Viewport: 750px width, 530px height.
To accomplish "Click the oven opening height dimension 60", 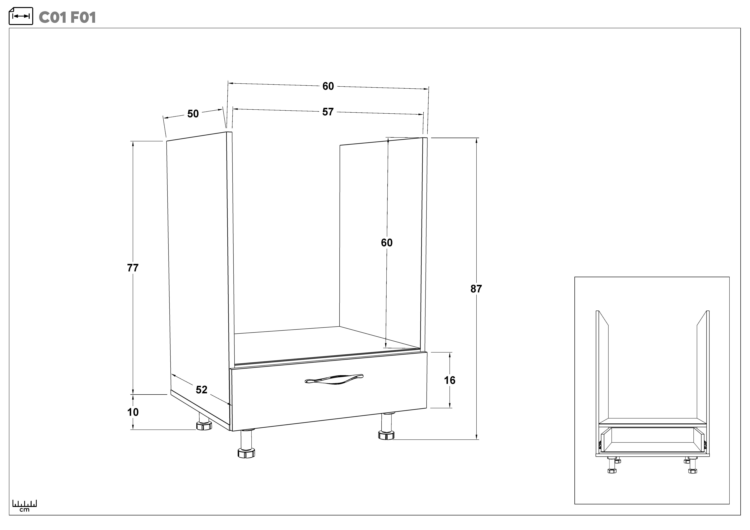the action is click(387, 242).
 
